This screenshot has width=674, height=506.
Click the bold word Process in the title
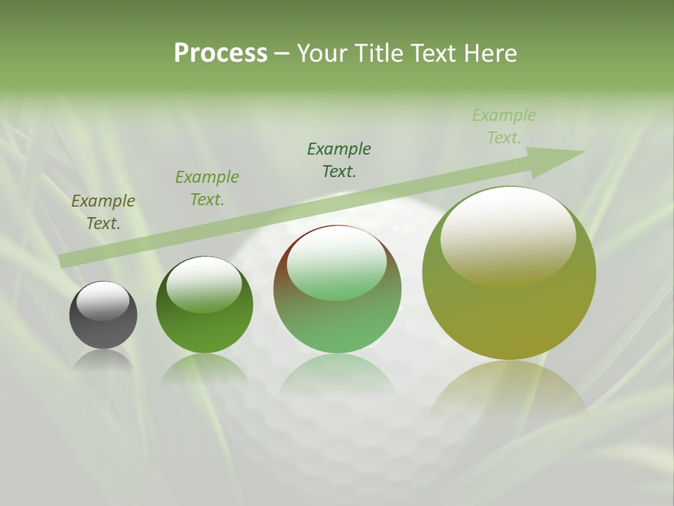(x=220, y=53)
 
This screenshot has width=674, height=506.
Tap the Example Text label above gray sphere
(x=103, y=212)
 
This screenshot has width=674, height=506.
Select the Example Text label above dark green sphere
(x=207, y=188)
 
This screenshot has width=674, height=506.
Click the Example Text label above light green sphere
(x=339, y=160)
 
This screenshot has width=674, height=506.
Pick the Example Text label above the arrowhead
(x=504, y=126)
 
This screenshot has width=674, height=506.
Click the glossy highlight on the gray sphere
(x=103, y=301)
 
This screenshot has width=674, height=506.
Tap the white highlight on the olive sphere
(x=508, y=235)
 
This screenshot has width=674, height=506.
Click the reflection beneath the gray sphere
(x=103, y=360)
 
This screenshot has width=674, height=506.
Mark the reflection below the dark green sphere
(x=204, y=369)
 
